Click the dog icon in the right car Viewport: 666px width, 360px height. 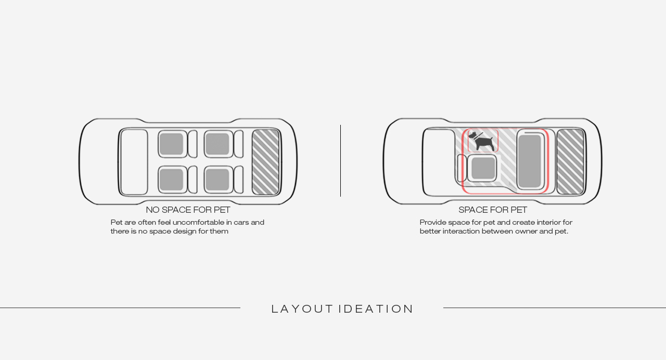pyautogui.click(x=482, y=141)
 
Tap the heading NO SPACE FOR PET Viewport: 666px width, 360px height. pyautogui.click(x=188, y=210)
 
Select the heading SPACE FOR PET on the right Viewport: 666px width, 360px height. pyautogui.click(x=493, y=210)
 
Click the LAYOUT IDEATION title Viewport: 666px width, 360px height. pyautogui.click(x=342, y=309)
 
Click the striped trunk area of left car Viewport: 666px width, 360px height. pyautogui.click(x=265, y=162)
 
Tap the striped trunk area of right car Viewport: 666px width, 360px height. pyautogui.click(x=570, y=162)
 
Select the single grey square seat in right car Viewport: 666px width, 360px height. pyautogui.click(x=483, y=168)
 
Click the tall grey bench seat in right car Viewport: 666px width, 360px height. pyautogui.click(x=530, y=161)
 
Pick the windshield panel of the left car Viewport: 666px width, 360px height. pyautogui.click(x=134, y=162)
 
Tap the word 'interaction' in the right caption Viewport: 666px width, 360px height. pyautogui.click(x=461, y=232)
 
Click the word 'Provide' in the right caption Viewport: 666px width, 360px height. pyautogui.click(x=433, y=223)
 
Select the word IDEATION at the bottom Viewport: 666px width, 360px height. pyautogui.click(x=376, y=309)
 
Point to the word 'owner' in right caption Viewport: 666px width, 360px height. pyautogui.click(x=526, y=232)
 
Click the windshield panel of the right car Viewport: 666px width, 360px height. pyautogui.click(x=439, y=162)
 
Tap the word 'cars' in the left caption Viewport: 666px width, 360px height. pyautogui.click(x=241, y=223)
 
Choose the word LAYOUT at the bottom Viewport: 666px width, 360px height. pyautogui.click(x=302, y=309)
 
